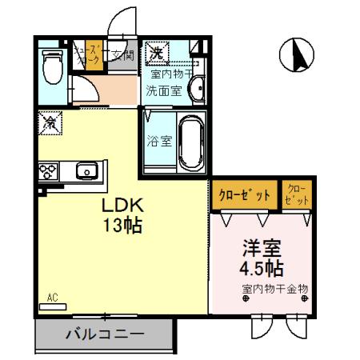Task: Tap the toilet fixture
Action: tap(53, 66)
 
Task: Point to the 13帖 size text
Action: tap(121, 226)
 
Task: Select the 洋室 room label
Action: tap(261, 246)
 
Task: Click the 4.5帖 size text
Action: tap(261, 267)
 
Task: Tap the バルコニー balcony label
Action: tap(104, 334)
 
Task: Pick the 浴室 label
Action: tap(159, 142)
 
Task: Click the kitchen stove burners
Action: tap(47, 170)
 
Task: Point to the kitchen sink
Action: tap(86, 170)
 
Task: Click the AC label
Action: tap(53, 298)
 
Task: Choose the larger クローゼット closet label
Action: tap(245, 194)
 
